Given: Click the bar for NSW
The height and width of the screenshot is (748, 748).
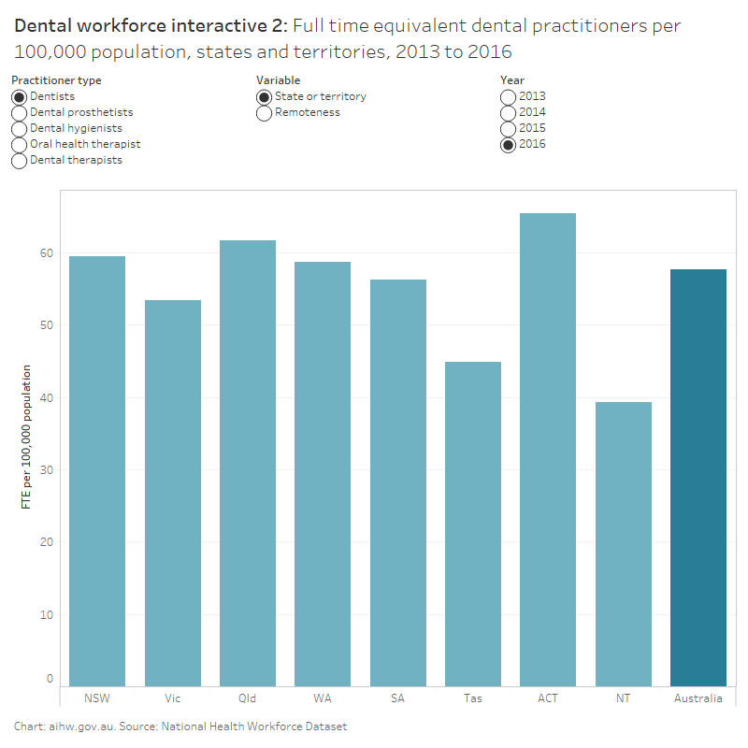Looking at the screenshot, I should click(x=97, y=472).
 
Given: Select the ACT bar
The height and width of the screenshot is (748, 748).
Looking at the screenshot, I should click(x=548, y=451).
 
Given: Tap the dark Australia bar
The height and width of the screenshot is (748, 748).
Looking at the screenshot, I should click(x=698, y=478).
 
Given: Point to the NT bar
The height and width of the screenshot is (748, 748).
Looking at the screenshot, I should click(x=623, y=545).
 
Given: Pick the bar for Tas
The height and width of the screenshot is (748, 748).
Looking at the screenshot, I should click(x=473, y=525).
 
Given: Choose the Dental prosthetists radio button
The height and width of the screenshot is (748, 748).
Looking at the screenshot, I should click(x=19, y=113).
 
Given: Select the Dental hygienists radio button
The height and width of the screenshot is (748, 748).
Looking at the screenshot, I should click(x=19, y=129).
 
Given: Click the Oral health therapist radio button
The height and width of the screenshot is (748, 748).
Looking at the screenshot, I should click(x=19, y=145).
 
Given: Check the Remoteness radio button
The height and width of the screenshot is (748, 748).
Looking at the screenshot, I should click(x=265, y=113).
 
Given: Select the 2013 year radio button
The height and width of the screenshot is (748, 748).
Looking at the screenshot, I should click(x=508, y=97).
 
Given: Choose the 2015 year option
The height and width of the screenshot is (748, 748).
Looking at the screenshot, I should click(x=508, y=129).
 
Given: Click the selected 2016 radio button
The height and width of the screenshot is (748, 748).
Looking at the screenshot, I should click(x=508, y=145).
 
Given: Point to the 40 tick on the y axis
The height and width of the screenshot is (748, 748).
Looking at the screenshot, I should click(x=47, y=397).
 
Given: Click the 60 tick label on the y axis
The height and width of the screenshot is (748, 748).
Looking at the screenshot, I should click(x=47, y=252).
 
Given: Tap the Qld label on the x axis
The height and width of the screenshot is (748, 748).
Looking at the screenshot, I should click(x=247, y=698).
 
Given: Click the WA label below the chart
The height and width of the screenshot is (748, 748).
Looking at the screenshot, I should click(x=323, y=698).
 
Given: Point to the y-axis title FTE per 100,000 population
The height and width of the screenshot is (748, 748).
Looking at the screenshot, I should click(x=26, y=438).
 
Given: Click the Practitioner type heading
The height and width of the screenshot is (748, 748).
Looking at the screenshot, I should click(x=56, y=80).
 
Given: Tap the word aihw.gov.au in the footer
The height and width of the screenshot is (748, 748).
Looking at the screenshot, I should click(x=79, y=726).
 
